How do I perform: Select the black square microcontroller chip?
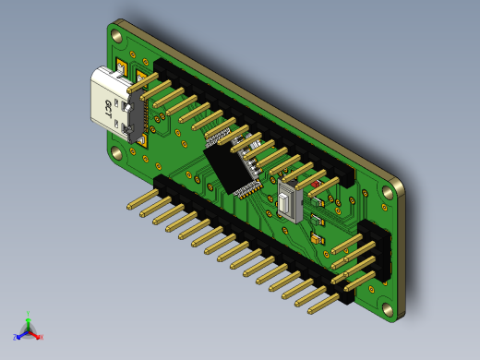click(231, 166)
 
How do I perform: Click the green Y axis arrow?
click(29, 316)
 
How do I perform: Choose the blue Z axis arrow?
click(18, 336)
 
